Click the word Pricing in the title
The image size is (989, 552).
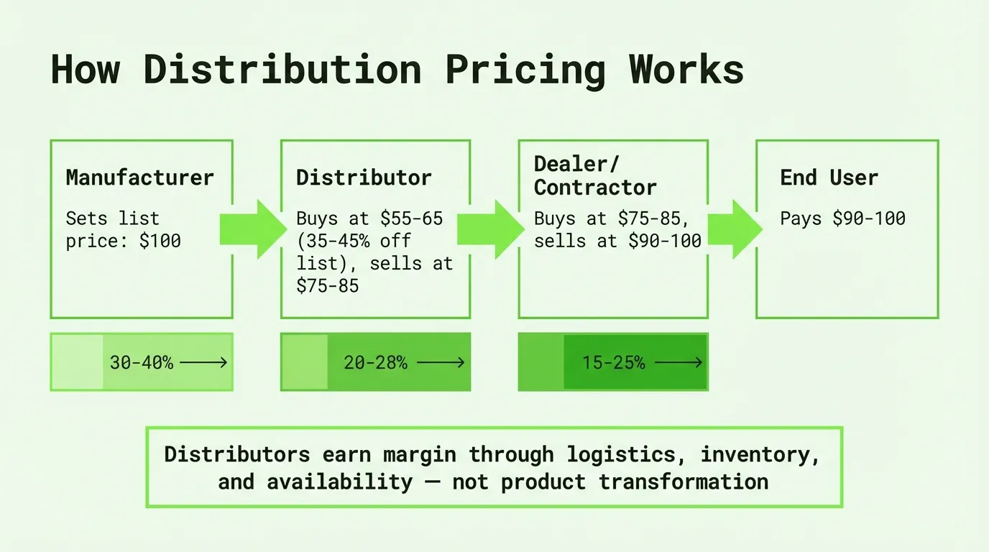[525, 70]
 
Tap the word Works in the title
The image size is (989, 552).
[686, 69]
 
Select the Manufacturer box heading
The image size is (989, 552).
[140, 178]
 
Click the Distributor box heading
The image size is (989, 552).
[364, 178]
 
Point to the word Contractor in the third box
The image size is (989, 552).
[595, 188]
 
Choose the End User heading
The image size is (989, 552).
[829, 178]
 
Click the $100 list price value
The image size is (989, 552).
[160, 241]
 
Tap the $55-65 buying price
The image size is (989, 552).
[412, 218]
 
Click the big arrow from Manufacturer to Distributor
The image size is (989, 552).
[254, 229]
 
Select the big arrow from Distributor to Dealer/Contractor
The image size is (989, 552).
[491, 229]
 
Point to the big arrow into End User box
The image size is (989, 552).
[735, 229]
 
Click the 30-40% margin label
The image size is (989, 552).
[142, 363]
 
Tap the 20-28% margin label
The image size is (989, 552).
[375, 363]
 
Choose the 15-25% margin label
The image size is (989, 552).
[614, 363]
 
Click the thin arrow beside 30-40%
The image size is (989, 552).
[203, 362]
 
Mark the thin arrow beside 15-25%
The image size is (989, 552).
[678, 362]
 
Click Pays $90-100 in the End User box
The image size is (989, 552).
[843, 218]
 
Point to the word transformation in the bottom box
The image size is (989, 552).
[684, 482]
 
